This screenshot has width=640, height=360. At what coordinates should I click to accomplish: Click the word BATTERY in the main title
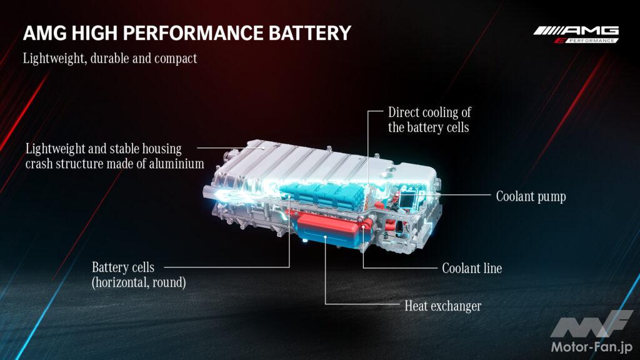310,33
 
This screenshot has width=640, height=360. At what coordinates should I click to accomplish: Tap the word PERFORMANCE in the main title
193,33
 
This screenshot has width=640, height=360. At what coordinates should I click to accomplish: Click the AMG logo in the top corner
576,34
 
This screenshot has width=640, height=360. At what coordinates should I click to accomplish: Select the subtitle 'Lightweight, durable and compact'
110,58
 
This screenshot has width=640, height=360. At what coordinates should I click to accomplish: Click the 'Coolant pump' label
531,196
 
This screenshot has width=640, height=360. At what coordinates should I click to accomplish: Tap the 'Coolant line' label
472,268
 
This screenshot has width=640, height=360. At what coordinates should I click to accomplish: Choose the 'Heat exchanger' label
443,306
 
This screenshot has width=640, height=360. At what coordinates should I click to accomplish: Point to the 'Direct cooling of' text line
429,112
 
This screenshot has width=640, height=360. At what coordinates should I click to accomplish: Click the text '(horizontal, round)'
139,282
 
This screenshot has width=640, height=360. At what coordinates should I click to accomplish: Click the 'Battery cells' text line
123,267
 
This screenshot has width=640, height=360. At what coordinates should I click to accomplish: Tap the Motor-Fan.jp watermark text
592,347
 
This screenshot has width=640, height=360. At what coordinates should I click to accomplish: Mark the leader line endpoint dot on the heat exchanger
325,237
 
